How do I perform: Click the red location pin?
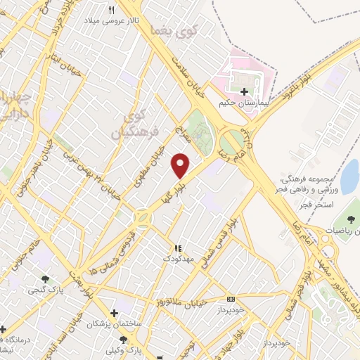(x=181, y=165)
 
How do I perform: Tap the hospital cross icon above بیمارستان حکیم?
(x=244, y=92)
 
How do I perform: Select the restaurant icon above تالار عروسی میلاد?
(x=112, y=10)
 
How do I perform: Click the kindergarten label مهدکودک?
(x=176, y=259)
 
